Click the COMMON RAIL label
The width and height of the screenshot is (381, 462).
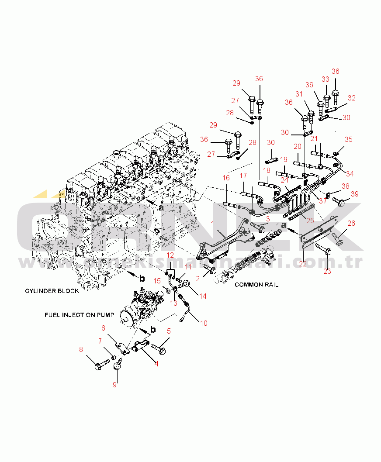pos(256,285)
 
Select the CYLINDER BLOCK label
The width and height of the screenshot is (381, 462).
pos(52,291)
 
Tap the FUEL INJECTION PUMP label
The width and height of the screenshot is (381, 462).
pos(79,314)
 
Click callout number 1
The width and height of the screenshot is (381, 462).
pos(213,224)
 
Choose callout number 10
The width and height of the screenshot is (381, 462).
pos(204,323)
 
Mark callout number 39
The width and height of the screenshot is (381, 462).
pos(354,193)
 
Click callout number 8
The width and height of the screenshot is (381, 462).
pos(81,349)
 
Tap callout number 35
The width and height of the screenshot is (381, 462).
pos(348,140)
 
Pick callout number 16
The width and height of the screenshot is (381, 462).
pos(226,178)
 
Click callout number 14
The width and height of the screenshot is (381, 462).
pos(203,296)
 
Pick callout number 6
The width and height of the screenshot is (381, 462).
pos(103,328)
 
